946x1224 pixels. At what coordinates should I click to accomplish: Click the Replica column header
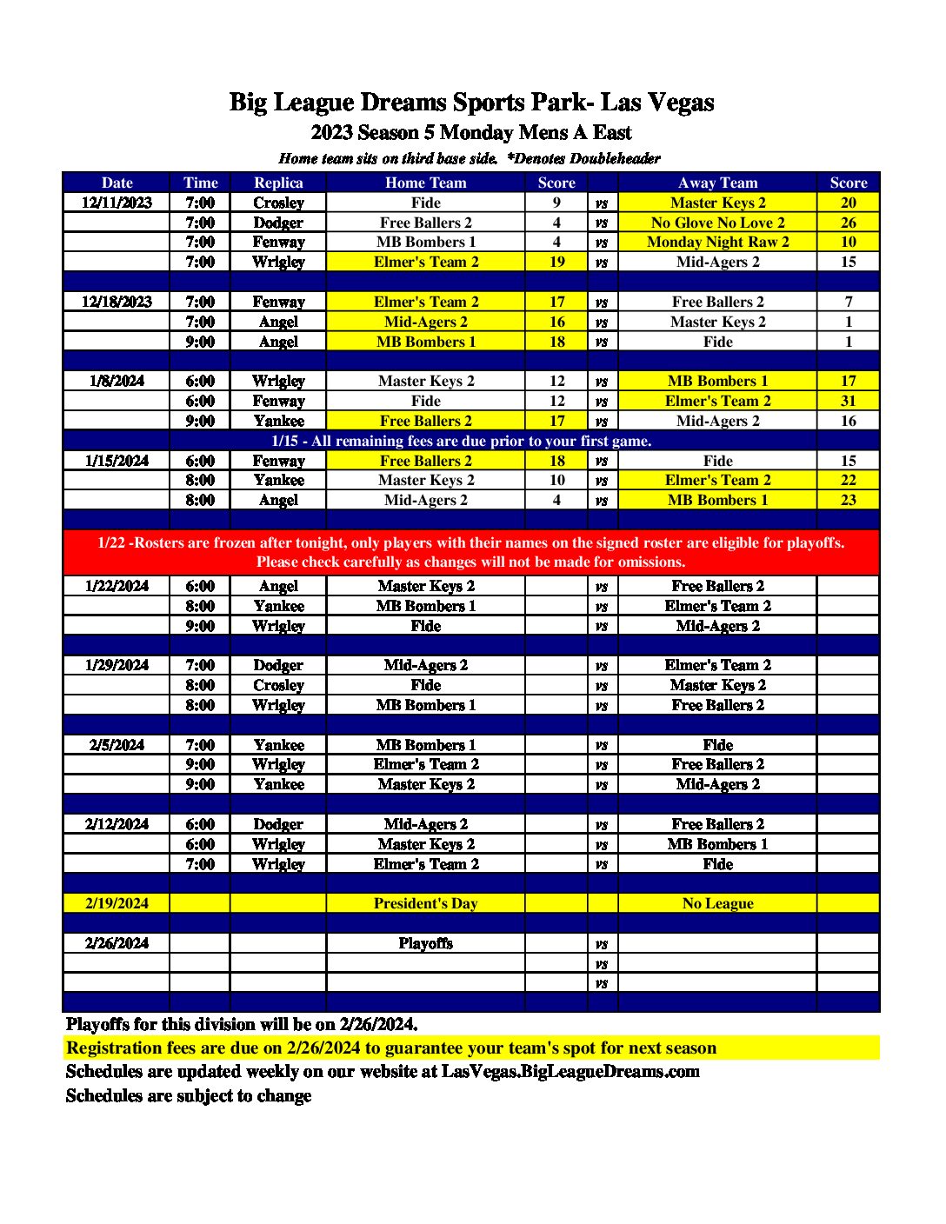(278, 183)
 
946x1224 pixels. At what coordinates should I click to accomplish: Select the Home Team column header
(425, 183)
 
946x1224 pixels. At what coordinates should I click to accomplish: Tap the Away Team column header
(717, 183)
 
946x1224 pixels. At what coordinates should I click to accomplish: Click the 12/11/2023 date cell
(117, 203)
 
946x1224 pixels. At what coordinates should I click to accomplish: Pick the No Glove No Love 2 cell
(717, 223)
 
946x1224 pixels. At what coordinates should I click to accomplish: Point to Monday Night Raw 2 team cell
(717, 242)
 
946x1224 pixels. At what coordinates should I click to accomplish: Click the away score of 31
(848, 401)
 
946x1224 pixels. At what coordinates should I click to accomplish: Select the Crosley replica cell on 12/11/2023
(278, 203)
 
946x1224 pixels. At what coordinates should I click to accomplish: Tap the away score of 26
(848, 223)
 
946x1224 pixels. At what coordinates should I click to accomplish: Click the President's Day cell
(425, 903)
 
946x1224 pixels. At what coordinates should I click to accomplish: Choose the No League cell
(717, 903)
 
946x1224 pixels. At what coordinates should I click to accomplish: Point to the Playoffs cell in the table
(425, 943)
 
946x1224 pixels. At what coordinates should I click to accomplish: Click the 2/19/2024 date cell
(117, 903)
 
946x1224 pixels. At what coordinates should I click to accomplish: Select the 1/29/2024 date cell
(117, 665)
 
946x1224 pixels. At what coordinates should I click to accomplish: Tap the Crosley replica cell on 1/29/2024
(278, 685)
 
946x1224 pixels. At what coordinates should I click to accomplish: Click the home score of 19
(556, 262)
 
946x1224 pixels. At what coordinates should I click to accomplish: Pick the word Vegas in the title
(681, 103)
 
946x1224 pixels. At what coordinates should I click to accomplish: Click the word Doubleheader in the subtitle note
(615, 158)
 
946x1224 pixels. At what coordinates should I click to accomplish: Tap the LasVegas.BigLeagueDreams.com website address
(570, 1071)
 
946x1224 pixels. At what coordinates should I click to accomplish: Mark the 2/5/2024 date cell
(117, 745)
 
